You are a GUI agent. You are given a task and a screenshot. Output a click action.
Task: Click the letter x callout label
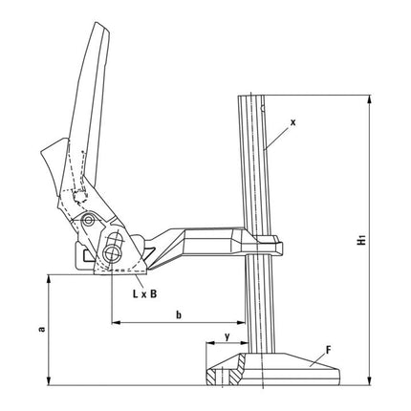[293, 122]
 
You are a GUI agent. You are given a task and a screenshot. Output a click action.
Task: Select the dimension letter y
[227, 335]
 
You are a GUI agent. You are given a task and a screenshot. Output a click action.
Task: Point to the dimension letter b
[179, 314]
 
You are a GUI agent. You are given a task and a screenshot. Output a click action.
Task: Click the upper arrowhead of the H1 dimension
[365, 98]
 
